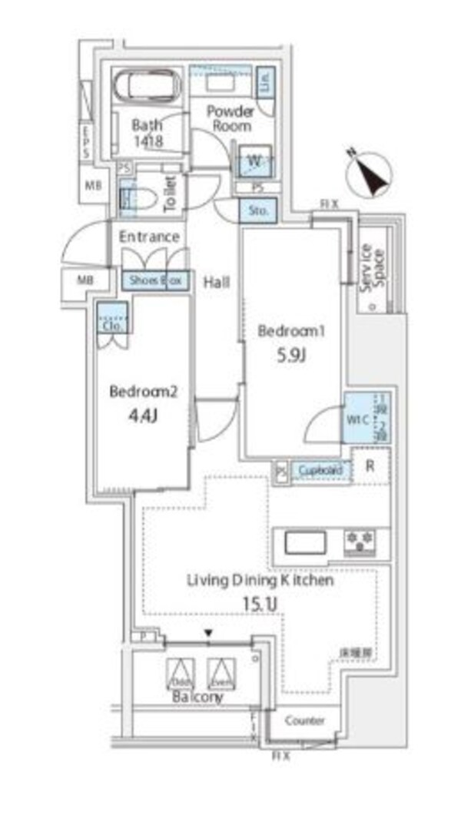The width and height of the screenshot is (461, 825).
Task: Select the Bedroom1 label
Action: (x=293, y=331)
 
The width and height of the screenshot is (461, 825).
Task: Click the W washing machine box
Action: (x=254, y=161)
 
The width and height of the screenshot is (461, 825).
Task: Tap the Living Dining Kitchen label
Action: (x=260, y=581)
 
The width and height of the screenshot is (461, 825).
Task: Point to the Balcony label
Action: (x=197, y=697)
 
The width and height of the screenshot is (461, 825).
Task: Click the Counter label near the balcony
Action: (x=304, y=721)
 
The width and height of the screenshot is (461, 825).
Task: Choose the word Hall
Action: (x=217, y=282)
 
